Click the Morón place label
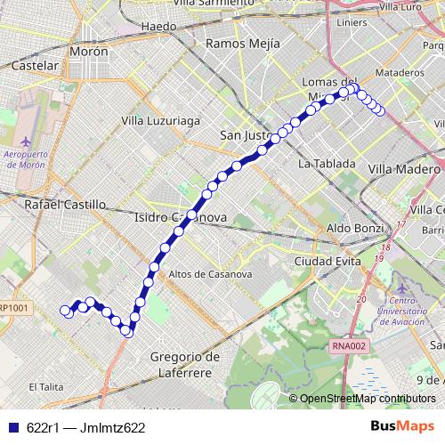(x=90, y=52)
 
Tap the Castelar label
(x=36, y=66)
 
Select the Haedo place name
(x=159, y=27)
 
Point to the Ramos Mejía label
(x=242, y=43)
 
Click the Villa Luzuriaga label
(x=160, y=120)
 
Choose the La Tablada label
(x=327, y=164)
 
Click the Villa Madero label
(x=405, y=168)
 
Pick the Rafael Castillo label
(x=66, y=204)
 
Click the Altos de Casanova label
(x=206, y=273)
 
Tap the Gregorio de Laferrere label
(x=185, y=364)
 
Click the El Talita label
(x=46, y=386)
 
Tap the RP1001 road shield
(x=13, y=308)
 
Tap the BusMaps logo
(x=402, y=426)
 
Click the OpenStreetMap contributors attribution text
(x=368, y=399)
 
